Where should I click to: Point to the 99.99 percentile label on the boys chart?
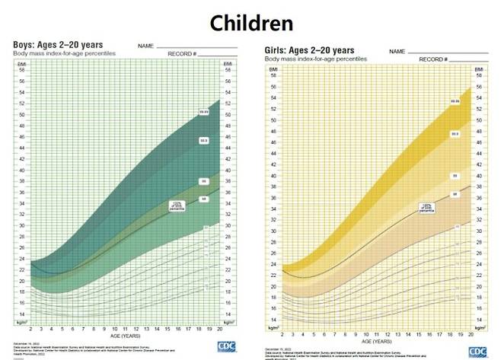click(x=203, y=112)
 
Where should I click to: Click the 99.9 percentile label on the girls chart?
click(x=455, y=134)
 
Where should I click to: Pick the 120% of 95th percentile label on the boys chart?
click(x=178, y=204)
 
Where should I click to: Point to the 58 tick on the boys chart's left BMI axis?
click(x=21, y=69)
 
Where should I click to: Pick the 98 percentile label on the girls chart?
click(x=455, y=194)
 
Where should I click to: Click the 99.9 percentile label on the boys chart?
click(x=203, y=141)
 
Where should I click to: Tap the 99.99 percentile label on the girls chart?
click(x=455, y=101)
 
